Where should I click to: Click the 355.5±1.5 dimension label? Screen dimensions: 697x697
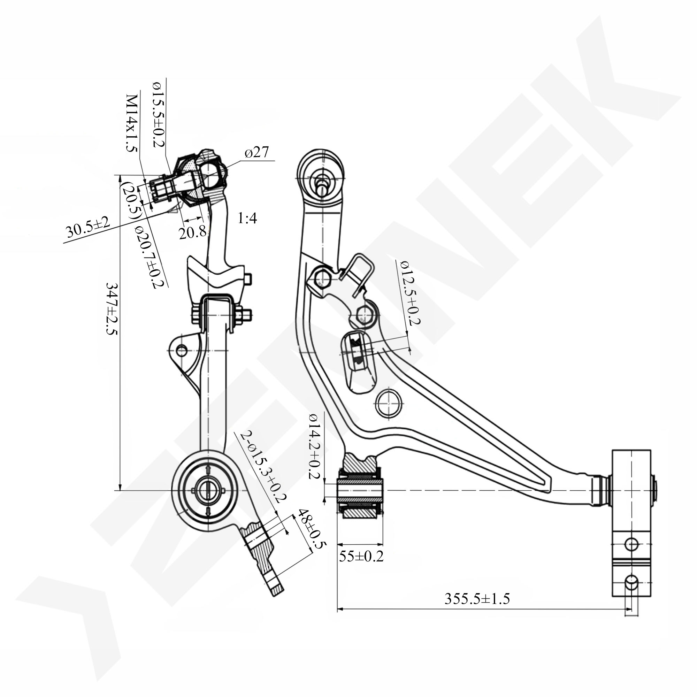click(477, 599)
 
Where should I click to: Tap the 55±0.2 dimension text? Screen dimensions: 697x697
click(361, 556)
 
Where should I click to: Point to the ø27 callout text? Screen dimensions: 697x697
click(256, 153)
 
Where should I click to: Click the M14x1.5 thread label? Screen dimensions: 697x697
click(132, 123)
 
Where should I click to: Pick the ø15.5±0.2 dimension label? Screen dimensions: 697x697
click(159, 115)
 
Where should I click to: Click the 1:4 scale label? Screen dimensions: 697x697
click(247, 218)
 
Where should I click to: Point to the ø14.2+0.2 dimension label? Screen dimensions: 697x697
click(315, 446)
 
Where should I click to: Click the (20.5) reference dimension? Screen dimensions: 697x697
click(129, 200)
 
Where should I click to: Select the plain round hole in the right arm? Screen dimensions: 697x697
click(389, 403)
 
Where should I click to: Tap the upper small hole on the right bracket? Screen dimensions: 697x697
click(631, 544)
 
